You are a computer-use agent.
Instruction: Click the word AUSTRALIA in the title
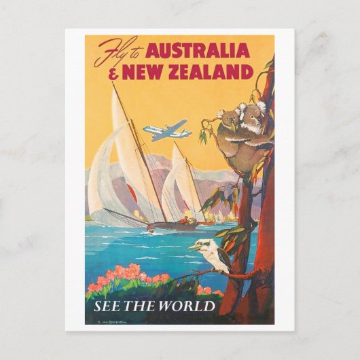(198, 51)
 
